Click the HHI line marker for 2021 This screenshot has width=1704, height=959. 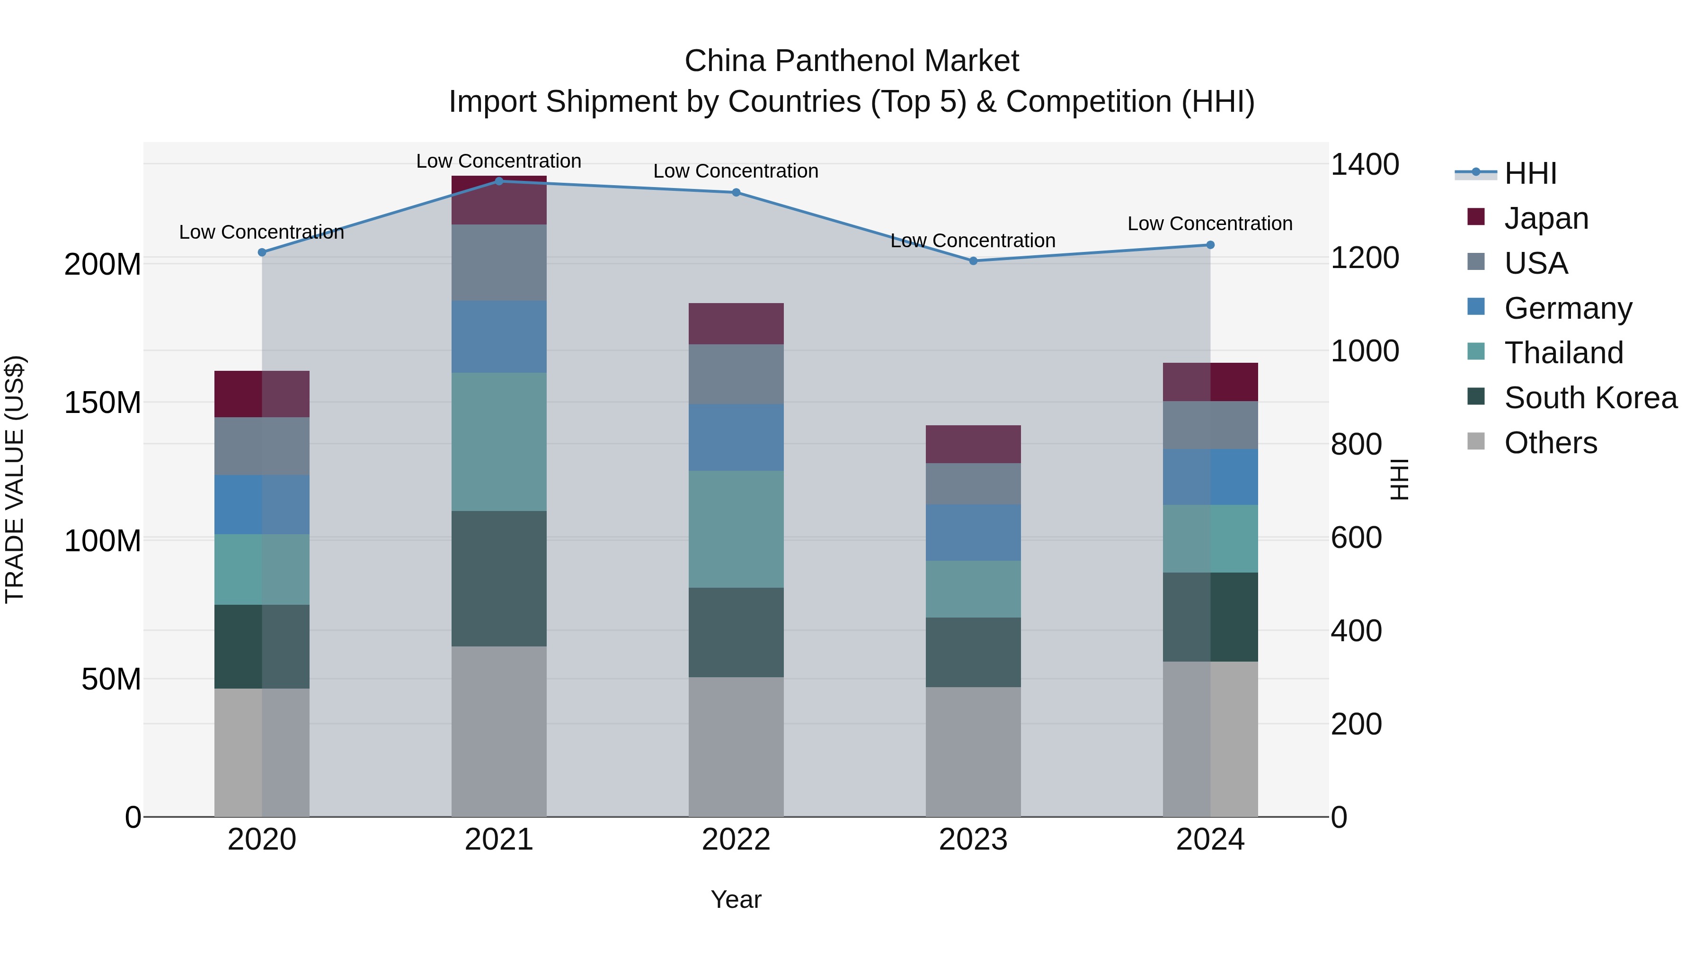[x=499, y=181]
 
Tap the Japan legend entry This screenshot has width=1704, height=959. [x=1546, y=218]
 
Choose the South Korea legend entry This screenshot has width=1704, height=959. [x=1590, y=398]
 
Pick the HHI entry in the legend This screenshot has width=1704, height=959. [x=1530, y=173]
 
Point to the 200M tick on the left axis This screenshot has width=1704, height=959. [x=103, y=265]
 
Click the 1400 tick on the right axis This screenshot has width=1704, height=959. [x=1364, y=164]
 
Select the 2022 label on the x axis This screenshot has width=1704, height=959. [x=736, y=840]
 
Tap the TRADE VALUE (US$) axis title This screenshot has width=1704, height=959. [x=15, y=479]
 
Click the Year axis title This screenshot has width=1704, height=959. [x=736, y=899]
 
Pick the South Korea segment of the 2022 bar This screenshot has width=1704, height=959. [x=736, y=632]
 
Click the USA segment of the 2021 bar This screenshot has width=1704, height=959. [x=499, y=263]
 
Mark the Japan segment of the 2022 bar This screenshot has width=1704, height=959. [x=736, y=323]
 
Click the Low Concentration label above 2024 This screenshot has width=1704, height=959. [x=1210, y=224]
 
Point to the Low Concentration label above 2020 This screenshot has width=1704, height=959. [x=261, y=233]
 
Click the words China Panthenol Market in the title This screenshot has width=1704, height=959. [x=852, y=61]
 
